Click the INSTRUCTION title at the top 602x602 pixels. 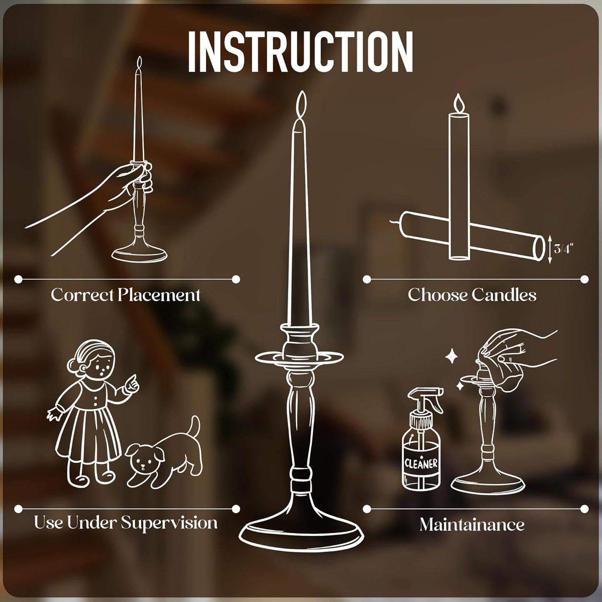[300, 52]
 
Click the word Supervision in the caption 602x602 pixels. [169, 522]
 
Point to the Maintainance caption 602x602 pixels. [472, 525]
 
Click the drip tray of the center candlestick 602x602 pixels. [300, 357]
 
